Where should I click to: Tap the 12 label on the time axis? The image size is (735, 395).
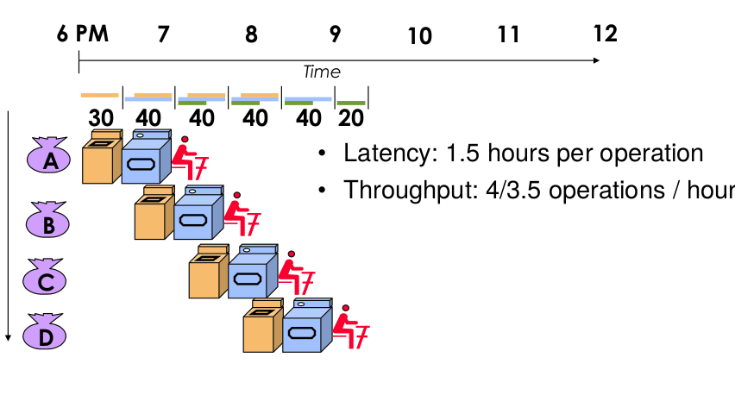point(606,34)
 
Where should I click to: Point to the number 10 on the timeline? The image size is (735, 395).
point(419,36)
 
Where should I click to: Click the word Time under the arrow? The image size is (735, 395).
point(321,72)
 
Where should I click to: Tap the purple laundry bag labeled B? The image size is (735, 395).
point(51,222)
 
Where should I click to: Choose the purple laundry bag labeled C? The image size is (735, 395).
point(51,278)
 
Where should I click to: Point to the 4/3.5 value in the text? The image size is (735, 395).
point(492,191)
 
